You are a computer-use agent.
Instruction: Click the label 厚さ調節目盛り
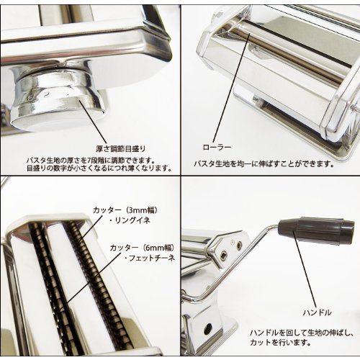(x=121, y=149)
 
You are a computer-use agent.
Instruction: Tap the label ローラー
(x=217, y=147)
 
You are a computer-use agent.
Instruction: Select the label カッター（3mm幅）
(x=125, y=210)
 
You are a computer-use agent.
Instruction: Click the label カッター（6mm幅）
(x=143, y=248)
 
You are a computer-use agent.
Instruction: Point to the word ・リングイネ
(x=130, y=220)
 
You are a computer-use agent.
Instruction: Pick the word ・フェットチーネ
(x=150, y=258)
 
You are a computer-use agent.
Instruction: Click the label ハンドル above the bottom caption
(x=318, y=312)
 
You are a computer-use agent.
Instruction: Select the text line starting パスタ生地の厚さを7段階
(x=90, y=160)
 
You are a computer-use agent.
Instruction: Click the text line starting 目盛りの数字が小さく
(x=99, y=168)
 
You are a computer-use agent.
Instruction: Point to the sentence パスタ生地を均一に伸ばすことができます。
(x=264, y=164)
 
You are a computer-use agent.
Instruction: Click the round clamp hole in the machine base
(x=208, y=327)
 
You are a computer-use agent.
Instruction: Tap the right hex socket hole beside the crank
(x=239, y=245)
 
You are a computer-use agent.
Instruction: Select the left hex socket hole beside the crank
(x=224, y=254)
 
